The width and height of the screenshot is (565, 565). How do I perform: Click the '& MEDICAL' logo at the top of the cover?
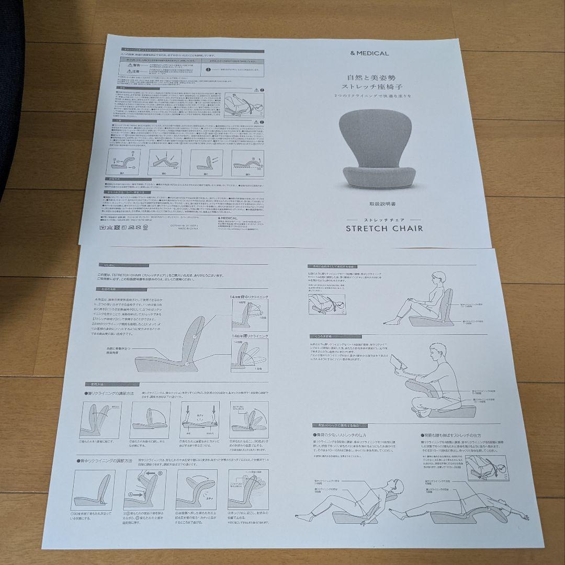[x=370, y=53]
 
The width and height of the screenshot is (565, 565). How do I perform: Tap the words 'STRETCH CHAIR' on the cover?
[x=384, y=228]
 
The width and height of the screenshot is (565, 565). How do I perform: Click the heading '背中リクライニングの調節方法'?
[x=107, y=459]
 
